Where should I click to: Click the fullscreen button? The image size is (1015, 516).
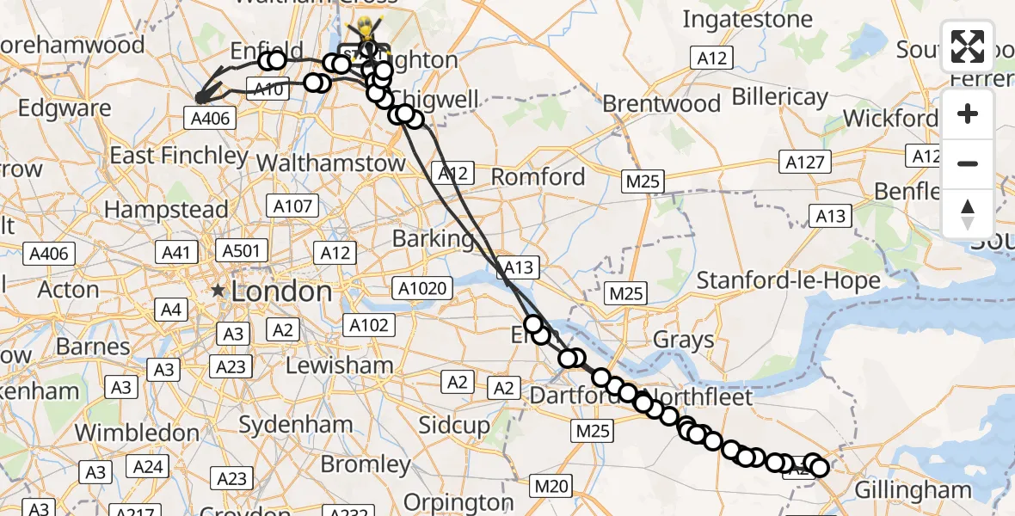point(968,46)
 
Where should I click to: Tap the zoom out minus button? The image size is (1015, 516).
point(968,163)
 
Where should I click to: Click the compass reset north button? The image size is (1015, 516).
point(968,214)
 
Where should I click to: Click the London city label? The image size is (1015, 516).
point(280,292)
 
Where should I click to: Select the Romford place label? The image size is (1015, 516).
point(538,177)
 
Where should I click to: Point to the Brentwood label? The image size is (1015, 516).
point(661,104)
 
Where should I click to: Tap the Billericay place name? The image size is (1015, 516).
point(779,95)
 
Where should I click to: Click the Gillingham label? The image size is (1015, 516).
point(913,490)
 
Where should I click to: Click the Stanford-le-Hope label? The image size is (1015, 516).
point(788,280)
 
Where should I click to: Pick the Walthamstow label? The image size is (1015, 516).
point(330,163)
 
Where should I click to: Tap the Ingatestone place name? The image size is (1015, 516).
point(747,19)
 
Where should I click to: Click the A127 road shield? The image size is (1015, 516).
point(805,161)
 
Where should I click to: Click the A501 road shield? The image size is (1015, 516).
point(244,251)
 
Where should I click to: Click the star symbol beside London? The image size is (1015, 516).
point(219,291)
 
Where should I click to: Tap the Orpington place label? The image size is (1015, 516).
point(458,501)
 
